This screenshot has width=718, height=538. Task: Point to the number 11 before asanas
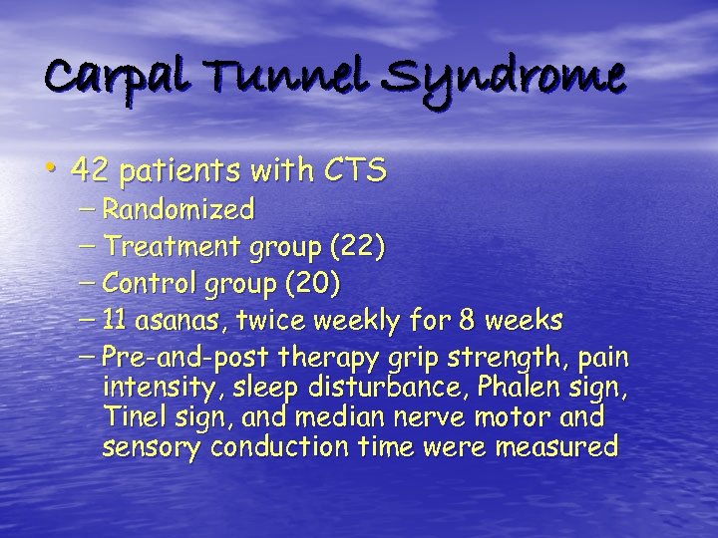pos(116,321)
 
